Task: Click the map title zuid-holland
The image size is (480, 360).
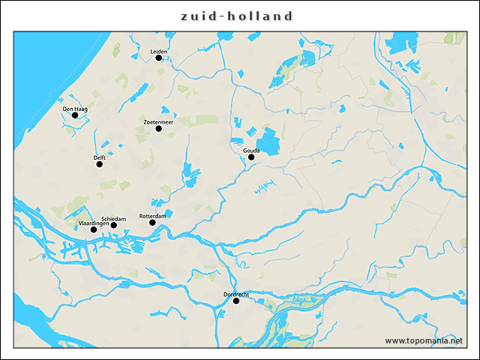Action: [237, 16]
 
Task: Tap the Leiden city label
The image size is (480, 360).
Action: [158, 51]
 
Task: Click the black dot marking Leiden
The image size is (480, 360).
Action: [158, 58]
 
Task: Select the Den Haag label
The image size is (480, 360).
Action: [75, 109]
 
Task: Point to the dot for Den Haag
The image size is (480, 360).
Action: [75, 115]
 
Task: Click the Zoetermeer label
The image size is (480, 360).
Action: [158, 121]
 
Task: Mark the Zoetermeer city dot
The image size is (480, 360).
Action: [158, 128]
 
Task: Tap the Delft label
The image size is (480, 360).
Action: [99, 157]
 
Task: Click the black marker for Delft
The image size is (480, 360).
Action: [99, 164]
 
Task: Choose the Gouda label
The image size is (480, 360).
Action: [251, 151]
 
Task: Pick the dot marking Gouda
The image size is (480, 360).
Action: [251, 157]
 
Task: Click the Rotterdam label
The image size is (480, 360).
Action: [152, 216]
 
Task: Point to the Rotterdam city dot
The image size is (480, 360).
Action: [152, 223]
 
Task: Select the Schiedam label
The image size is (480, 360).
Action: [113, 218]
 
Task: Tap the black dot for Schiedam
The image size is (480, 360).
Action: [113, 225]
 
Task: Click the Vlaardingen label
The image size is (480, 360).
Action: [94, 223]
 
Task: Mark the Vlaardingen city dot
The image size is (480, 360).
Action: [93, 229]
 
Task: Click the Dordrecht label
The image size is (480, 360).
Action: [236, 294]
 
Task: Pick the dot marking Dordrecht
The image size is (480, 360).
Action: [236, 301]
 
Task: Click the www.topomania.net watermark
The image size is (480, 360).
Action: [424, 340]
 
